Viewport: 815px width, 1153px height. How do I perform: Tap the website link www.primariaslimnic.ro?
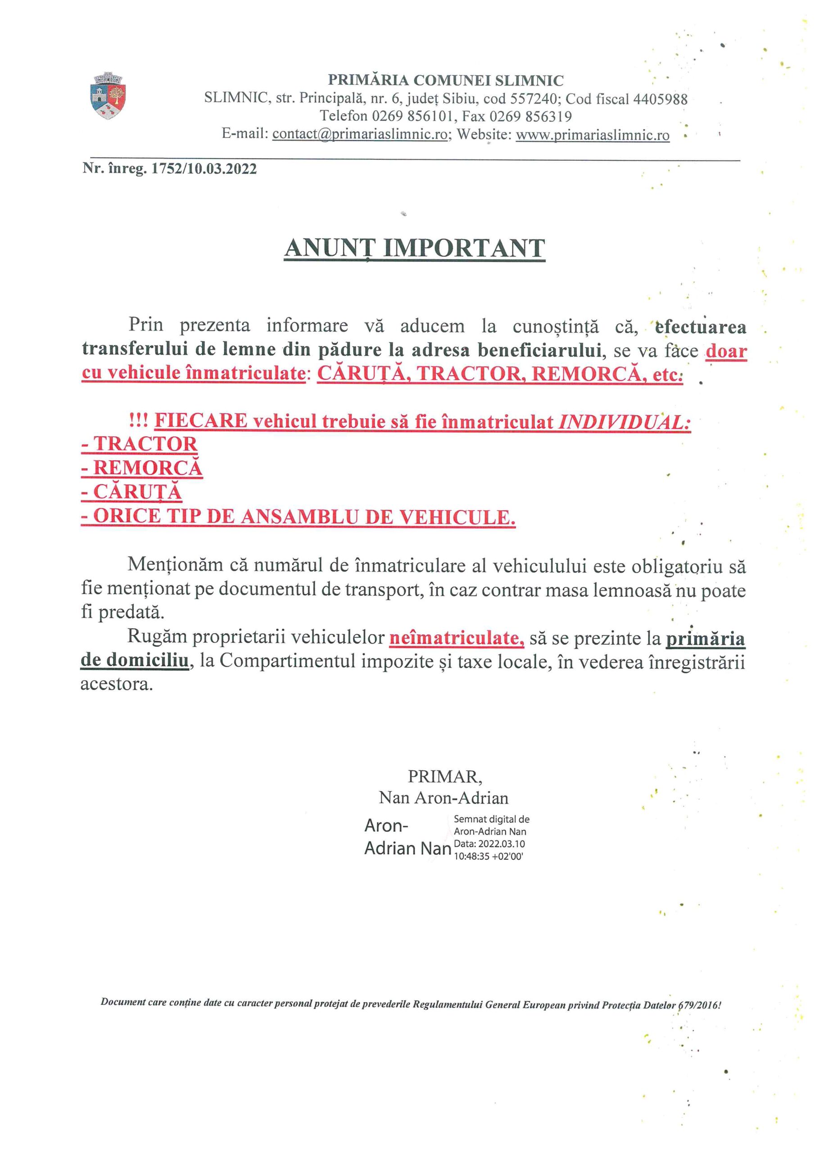click(593, 135)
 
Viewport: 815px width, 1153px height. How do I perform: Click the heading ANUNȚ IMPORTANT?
click(414, 248)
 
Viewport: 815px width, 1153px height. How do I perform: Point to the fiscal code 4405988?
click(660, 99)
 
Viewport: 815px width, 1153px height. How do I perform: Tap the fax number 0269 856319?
click(531, 117)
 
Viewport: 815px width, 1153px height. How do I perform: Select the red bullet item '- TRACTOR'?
click(139, 444)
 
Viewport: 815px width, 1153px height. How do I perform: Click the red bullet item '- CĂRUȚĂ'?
click(131, 492)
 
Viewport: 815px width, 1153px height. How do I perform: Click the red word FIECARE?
click(201, 420)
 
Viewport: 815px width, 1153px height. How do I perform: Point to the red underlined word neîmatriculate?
click(457, 638)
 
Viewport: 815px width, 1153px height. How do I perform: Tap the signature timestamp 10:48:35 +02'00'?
click(488, 857)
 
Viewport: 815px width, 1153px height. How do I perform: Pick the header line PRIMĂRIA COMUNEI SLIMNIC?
click(445, 80)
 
